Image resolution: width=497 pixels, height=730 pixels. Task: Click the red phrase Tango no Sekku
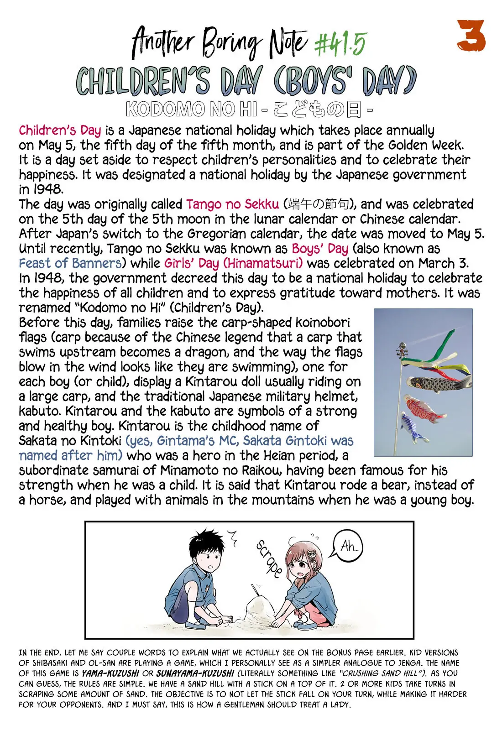232,204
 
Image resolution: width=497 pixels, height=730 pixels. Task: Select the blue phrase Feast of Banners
70,263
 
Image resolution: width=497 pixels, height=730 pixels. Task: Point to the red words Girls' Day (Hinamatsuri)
233,263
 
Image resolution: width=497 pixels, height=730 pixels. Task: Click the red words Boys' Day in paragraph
320,249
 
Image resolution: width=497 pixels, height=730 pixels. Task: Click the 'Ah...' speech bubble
349,546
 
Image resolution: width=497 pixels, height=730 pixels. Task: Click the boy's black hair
209,543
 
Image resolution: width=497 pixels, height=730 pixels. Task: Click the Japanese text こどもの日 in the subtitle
317,109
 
